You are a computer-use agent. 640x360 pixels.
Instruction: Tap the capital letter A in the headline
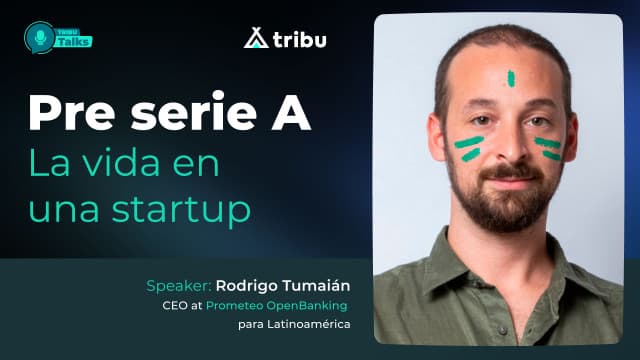point(291,114)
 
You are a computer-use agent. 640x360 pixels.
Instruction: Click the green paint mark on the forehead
point(510,77)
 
